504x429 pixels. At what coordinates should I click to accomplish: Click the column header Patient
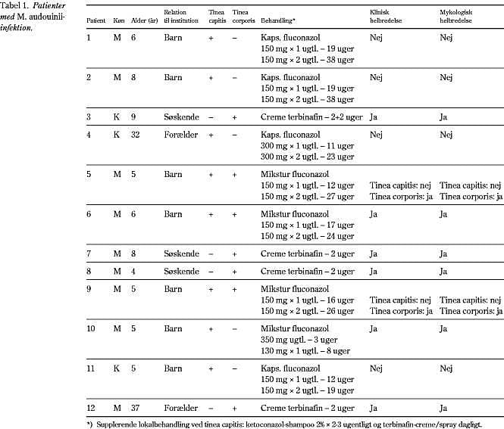95,14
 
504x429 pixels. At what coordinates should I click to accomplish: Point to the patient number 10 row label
91,328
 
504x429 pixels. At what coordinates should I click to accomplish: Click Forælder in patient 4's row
179,135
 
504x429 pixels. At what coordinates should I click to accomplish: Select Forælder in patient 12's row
179,409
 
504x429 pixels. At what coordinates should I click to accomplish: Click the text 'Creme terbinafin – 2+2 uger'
311,117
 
